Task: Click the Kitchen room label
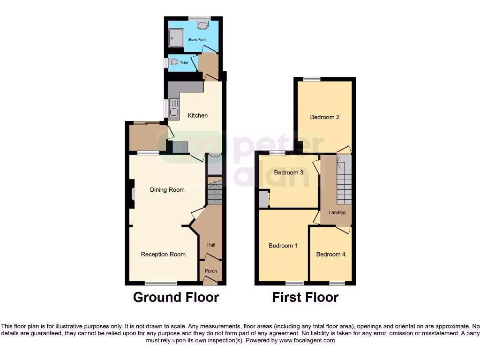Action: point(197,115)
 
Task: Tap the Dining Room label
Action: point(167,190)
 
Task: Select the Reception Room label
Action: point(163,255)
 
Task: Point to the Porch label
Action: point(211,271)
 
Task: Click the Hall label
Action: point(211,245)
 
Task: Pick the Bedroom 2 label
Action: point(324,117)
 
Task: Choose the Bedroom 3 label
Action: point(288,172)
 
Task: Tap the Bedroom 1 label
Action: point(283,246)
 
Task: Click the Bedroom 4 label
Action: point(330,255)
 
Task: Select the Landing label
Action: point(337,213)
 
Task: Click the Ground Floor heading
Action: point(176,297)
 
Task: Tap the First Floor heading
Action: point(305,297)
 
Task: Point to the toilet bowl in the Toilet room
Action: point(174,62)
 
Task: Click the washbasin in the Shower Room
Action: point(202,25)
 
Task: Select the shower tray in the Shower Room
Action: point(176,37)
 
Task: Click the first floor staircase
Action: point(344,180)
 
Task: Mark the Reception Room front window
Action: point(161,283)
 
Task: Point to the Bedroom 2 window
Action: point(311,79)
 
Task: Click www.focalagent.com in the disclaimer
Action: point(307,341)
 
